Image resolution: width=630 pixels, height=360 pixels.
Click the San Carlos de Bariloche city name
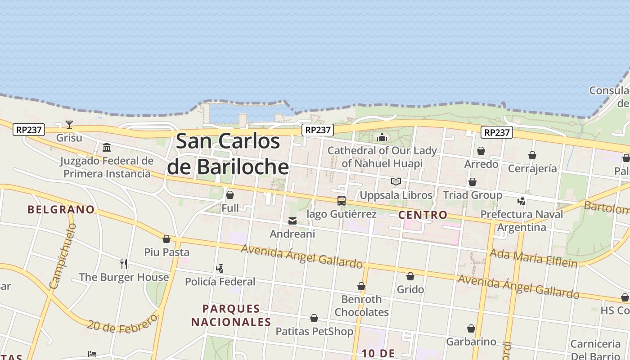pyautogui.click(x=228, y=154)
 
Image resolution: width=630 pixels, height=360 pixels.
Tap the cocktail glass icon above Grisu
pyautogui.click(x=69, y=125)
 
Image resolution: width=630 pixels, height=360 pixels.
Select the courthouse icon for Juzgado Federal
pyautogui.click(x=107, y=148)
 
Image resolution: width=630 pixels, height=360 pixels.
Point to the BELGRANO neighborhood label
pyautogui.click(x=61, y=210)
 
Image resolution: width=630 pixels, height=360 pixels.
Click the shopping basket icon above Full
pyautogui.click(x=230, y=195)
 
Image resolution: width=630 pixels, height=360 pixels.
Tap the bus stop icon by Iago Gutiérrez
pyautogui.click(x=342, y=201)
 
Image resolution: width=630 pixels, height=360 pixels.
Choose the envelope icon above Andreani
pyautogui.click(x=292, y=221)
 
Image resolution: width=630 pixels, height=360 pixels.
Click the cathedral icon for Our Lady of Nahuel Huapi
pyautogui.click(x=382, y=137)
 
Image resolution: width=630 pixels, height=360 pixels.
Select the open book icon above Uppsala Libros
pyautogui.click(x=396, y=182)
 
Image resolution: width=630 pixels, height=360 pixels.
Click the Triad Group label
pyautogui.click(x=472, y=195)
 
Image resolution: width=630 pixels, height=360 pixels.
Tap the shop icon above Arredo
pyautogui.click(x=481, y=151)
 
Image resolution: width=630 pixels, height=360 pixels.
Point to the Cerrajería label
pyautogui.click(x=532, y=169)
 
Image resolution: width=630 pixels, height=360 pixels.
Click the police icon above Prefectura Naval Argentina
pyautogui.click(x=522, y=201)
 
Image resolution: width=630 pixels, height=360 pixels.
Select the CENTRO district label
pyautogui.click(x=423, y=215)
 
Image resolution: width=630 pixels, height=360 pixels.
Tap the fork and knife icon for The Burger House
pyautogui.click(x=124, y=264)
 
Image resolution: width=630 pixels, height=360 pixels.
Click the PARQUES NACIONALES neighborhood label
pyautogui.click(x=231, y=315)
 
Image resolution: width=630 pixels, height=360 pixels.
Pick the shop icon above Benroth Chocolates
pyautogui.click(x=361, y=286)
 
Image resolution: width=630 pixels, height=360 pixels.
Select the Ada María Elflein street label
pyautogui.click(x=533, y=258)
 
